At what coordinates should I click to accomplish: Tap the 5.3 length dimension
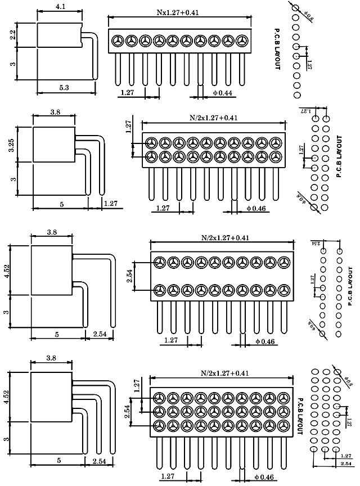pyautogui.click(x=64, y=87)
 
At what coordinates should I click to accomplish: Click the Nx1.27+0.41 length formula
pyautogui.click(x=179, y=12)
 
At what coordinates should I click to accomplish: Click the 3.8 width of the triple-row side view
pyautogui.click(x=52, y=358)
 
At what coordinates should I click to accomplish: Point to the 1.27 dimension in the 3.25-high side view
pyautogui.click(x=110, y=202)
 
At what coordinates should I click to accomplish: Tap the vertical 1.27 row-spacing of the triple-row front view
pyautogui.click(x=136, y=386)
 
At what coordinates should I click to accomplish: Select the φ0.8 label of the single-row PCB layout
pyautogui.click(x=309, y=11)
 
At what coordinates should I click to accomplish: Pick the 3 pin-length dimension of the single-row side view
pyautogui.click(x=13, y=64)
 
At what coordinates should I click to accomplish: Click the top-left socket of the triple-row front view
pyautogui.click(x=159, y=396)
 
